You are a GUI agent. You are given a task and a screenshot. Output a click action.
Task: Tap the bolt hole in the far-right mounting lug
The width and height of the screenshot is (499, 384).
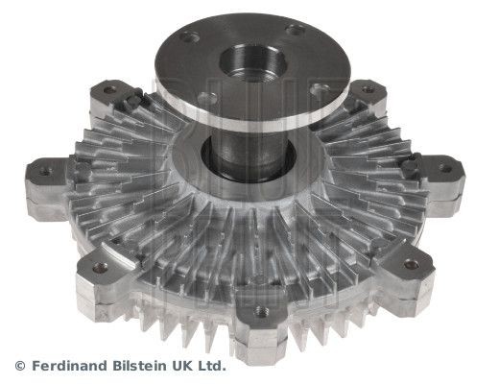(444, 169)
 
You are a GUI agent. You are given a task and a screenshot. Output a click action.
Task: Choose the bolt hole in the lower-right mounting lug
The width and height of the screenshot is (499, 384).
(411, 263)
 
